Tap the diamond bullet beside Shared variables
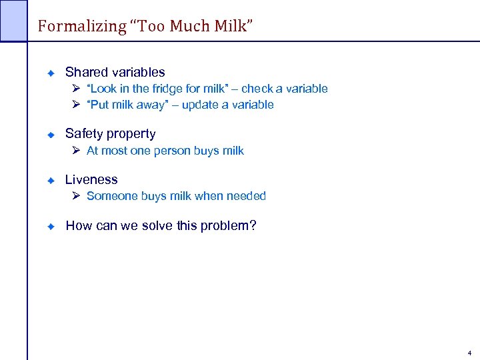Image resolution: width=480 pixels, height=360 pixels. click(49, 73)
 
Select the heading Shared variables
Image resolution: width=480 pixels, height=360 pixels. click(115, 72)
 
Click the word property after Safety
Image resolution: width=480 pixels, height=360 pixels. click(132, 134)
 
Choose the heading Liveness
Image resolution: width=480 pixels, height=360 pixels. click(91, 179)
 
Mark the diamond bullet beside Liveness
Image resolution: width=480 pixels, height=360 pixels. click(49, 180)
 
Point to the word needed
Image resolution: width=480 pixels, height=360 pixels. click(246, 196)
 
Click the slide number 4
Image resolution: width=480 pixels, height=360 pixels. click(469, 353)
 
